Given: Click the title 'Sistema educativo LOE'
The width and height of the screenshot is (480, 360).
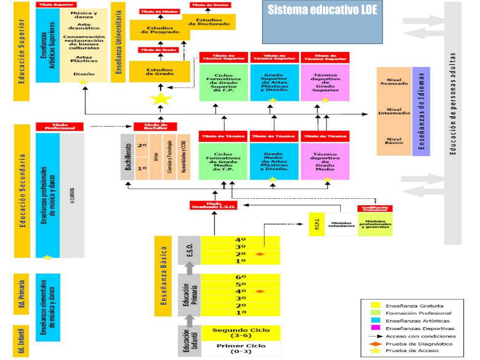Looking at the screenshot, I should point(322,10).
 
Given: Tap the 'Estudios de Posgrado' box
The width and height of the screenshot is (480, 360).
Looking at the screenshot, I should point(160,30).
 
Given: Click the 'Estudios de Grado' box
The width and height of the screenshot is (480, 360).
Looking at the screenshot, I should point(159,72).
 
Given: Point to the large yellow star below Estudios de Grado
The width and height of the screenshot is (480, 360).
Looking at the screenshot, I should point(161,98).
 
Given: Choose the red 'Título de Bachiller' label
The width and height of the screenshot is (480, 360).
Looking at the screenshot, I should point(155,127).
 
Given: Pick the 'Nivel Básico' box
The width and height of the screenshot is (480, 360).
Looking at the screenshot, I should point(394,141).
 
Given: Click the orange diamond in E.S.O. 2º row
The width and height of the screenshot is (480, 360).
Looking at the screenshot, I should point(260,254).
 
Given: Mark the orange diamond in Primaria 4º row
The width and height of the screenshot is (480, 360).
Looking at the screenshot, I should point(260,292).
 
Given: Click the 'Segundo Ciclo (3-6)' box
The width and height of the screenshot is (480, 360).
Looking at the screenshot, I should point(241,333).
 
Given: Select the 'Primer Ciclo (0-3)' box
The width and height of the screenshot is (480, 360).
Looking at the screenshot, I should point(241,349).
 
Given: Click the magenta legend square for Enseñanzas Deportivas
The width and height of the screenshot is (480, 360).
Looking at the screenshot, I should point(375,328).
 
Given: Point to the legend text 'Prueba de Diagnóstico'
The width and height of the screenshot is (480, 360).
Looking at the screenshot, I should point(412,343).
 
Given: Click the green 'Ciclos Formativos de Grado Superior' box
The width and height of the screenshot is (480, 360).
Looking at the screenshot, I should point(224,82).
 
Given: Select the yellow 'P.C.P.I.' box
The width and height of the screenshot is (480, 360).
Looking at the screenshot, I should point(317,225).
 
